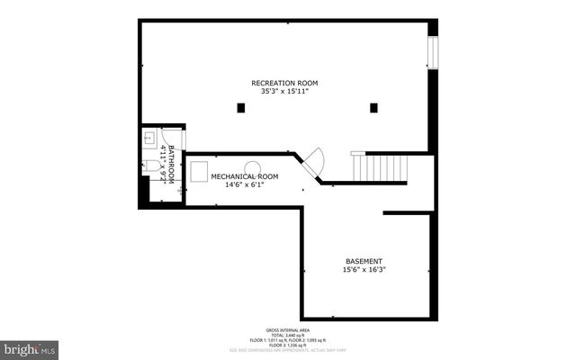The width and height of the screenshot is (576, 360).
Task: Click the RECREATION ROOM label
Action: click(283, 83)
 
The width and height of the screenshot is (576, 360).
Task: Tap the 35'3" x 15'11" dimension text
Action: click(283, 91)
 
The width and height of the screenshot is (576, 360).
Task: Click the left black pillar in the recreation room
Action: click(240, 108)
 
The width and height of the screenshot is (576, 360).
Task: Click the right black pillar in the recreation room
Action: click(373, 108)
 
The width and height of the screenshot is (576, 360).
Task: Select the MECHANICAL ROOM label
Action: click(245, 176)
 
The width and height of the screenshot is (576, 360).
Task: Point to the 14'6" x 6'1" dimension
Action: click(245, 184)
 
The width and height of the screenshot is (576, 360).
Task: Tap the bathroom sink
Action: click(149, 139)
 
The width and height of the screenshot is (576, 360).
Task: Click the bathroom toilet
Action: click(149, 166)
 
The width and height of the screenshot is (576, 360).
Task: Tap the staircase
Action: click(379, 167)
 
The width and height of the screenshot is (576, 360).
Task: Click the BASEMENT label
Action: click(364, 261)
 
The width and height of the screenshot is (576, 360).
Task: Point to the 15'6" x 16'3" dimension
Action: click(364, 269)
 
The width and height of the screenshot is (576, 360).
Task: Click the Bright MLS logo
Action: click(30, 347)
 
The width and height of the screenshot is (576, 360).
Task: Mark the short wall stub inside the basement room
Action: click(409, 213)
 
